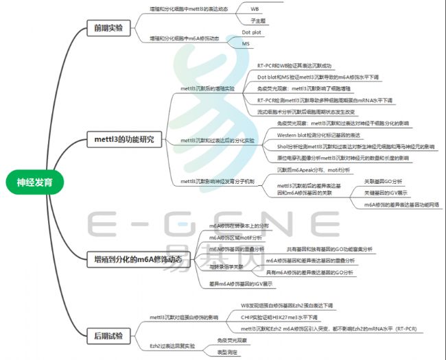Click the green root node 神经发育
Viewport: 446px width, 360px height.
tap(40, 182)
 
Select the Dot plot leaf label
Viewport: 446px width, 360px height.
tap(253, 32)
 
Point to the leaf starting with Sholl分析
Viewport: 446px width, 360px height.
tap(355, 146)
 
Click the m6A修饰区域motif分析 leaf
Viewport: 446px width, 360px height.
tap(235, 237)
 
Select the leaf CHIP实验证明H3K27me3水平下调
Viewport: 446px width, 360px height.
tap(279, 317)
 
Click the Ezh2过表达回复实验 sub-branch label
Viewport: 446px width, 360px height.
tap(172, 346)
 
